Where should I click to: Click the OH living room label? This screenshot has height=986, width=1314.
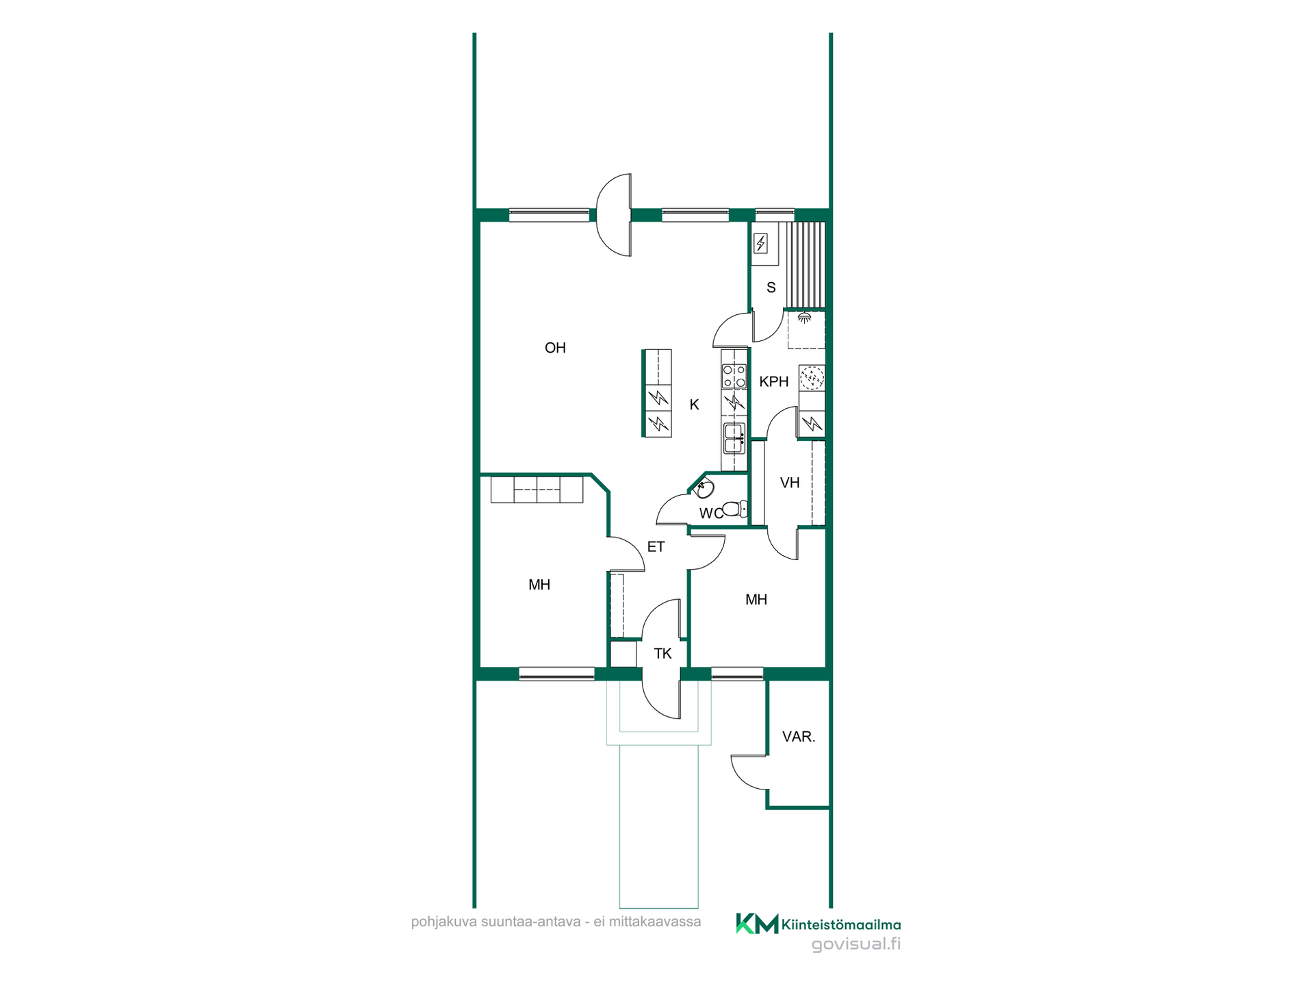pos(555,348)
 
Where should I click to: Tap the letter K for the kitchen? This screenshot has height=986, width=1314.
pos(694,405)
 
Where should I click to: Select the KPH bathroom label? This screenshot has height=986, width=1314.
pos(774,382)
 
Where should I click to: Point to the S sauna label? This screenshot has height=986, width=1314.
pos(771,288)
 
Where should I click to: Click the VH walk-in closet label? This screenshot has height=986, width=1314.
pos(790,483)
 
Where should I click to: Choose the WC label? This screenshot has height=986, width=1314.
pos(710,514)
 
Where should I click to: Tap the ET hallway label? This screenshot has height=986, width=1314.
pos(656,547)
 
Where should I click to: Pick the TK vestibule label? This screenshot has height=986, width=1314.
pos(662,654)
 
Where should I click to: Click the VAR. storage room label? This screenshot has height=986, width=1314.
pos(799,737)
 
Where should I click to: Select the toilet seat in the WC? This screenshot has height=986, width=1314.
pos(734,509)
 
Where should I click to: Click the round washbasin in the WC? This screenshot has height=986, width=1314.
pos(704,489)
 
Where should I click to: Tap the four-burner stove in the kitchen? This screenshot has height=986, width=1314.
pos(734,376)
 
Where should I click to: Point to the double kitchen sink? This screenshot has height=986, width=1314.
pos(734,438)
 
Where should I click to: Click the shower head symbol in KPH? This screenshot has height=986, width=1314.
pos(805,318)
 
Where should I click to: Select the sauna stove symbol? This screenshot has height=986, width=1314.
pos(760,243)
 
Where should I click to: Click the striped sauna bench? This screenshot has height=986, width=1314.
pos(806,265)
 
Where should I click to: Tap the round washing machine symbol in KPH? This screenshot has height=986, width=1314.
pos(812,377)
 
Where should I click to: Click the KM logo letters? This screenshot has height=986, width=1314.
pos(757,924)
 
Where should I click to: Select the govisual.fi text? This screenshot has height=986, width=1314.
pos(856,944)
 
